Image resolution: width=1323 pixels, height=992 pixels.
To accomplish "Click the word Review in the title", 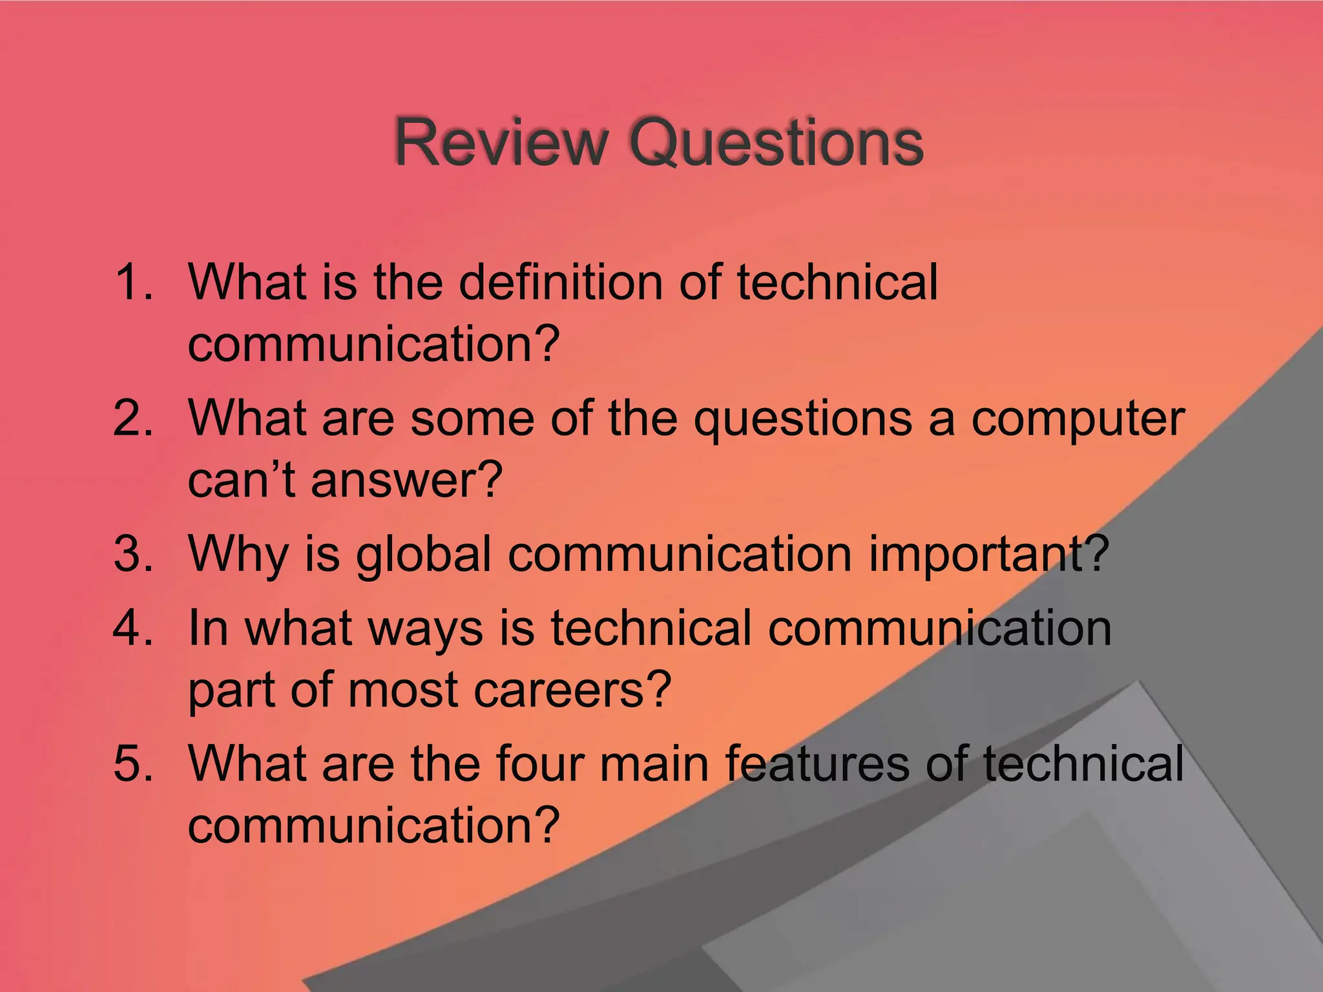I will tap(501, 142).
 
